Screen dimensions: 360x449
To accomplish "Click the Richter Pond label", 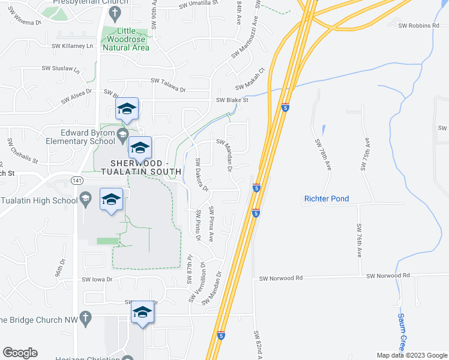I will pos(327,199).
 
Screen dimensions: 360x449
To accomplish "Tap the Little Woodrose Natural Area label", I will pos(125,40).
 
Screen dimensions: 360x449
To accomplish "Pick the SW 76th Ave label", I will pos(359,240).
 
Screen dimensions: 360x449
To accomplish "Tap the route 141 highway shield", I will pos(76,180).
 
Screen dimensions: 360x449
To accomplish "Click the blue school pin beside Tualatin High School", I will pos(111,199).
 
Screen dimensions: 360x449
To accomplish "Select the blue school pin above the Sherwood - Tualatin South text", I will pos(140,148).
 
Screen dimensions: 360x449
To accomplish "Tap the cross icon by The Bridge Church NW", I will pos(85,316).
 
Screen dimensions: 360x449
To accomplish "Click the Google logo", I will pos(20,353).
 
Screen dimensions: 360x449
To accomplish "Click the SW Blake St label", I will pos(232,100).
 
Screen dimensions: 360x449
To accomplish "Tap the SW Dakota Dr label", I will pos(201,175).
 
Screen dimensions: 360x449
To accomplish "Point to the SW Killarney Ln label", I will pos(73,46).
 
